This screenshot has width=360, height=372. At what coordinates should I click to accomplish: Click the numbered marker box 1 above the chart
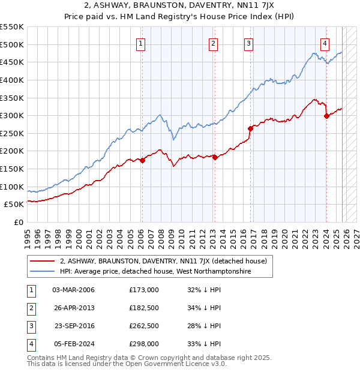coord(140,43)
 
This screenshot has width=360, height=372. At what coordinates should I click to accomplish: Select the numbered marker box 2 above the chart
coord(214,43)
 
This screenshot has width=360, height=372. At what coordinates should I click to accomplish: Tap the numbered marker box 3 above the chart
coord(248,43)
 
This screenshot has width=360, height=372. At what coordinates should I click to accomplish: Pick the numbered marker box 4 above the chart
coord(325,43)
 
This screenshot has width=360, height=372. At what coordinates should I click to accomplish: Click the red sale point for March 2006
coord(142,160)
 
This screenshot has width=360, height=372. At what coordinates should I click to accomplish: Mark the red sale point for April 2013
coord(214,157)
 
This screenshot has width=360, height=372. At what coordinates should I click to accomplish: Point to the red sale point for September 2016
coord(250,128)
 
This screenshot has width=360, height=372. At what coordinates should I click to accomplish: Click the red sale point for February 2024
coord(326,116)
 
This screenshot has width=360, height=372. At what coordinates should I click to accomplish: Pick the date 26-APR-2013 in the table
coord(74,308)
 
